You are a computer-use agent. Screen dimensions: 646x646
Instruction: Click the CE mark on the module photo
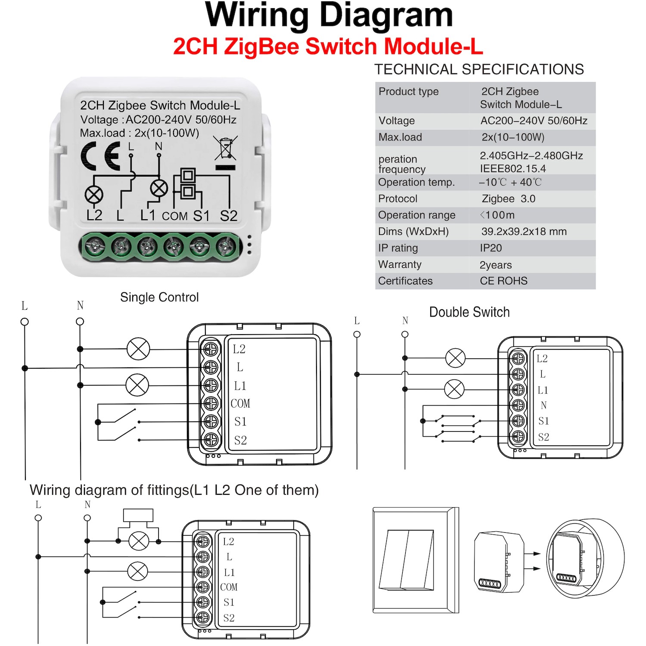click(100, 156)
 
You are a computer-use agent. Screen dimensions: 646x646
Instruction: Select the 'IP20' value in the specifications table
click(491, 248)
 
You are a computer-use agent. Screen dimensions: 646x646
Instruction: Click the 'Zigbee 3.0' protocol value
click(508, 199)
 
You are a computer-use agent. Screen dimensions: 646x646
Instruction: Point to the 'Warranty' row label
click(400, 264)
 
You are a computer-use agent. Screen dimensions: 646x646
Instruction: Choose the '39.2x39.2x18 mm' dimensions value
click(524, 232)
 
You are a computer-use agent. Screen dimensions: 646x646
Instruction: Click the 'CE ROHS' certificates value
click(503, 281)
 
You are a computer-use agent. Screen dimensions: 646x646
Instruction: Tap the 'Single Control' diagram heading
click(159, 297)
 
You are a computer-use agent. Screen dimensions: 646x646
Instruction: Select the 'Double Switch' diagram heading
click(469, 312)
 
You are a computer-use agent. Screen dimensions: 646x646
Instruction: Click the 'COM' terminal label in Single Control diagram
click(240, 404)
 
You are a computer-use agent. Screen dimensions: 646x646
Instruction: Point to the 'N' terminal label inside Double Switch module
click(544, 405)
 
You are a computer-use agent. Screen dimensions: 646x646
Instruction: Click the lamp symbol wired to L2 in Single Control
click(138, 349)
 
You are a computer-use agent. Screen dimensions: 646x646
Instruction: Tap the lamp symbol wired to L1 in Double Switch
click(454, 389)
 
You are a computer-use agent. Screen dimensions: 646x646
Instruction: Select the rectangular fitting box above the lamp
click(138, 515)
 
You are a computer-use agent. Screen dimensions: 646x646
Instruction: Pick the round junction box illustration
click(585, 559)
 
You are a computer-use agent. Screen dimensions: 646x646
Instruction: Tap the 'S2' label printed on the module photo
click(229, 216)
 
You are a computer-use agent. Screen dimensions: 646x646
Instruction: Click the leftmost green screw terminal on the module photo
click(95, 247)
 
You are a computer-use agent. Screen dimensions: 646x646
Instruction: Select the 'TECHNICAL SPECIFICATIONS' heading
click(479, 69)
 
